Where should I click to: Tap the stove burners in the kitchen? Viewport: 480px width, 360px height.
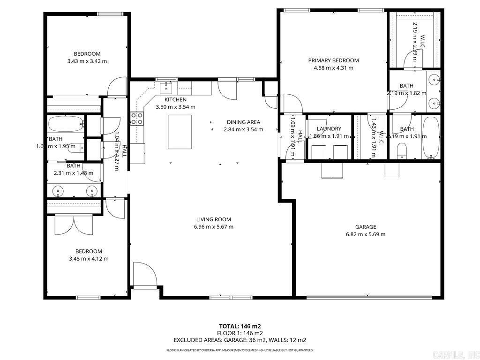click(137, 119)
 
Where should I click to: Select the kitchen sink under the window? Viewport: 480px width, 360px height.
click(166, 87)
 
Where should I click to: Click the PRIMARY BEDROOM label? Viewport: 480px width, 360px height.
click(333, 60)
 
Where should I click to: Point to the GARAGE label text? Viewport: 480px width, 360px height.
click(365, 227)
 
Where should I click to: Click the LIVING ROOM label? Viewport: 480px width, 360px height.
click(213, 219)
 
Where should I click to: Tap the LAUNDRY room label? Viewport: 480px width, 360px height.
click(329, 129)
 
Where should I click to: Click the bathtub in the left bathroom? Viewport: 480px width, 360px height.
click(66, 125)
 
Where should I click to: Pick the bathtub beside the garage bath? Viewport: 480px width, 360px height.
click(430, 138)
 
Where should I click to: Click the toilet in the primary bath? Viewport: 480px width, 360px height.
click(402, 150)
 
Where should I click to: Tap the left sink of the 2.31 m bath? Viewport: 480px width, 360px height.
click(59, 191)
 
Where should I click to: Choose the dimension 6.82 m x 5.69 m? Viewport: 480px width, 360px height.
click(365, 234)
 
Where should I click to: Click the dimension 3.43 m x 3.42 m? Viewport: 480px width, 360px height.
click(87, 61)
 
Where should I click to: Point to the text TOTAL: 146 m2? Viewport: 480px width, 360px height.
click(240, 326)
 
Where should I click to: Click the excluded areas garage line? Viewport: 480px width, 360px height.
click(240, 340)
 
